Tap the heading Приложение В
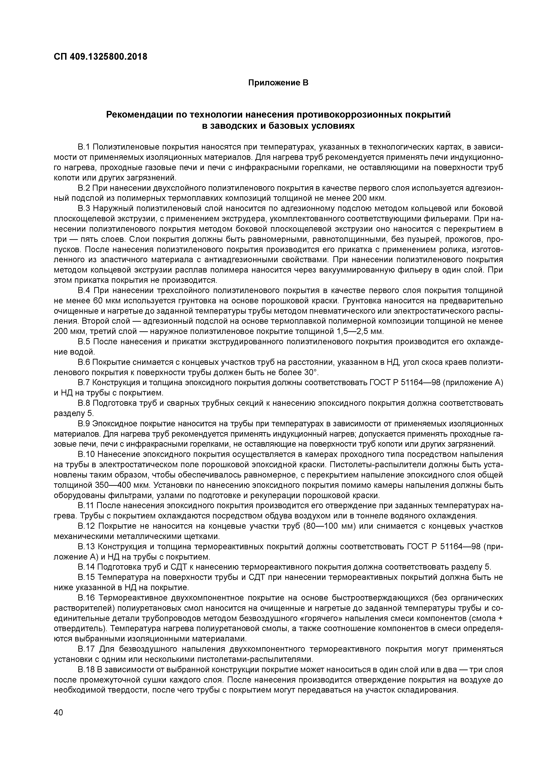tap(278, 83)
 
